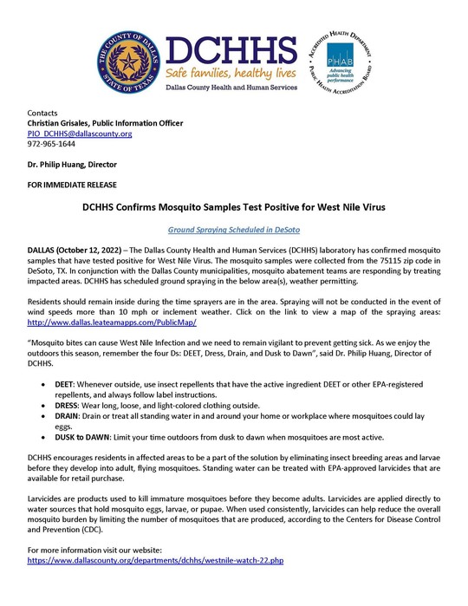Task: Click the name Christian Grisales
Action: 66,123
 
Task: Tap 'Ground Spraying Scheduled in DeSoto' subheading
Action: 234,231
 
